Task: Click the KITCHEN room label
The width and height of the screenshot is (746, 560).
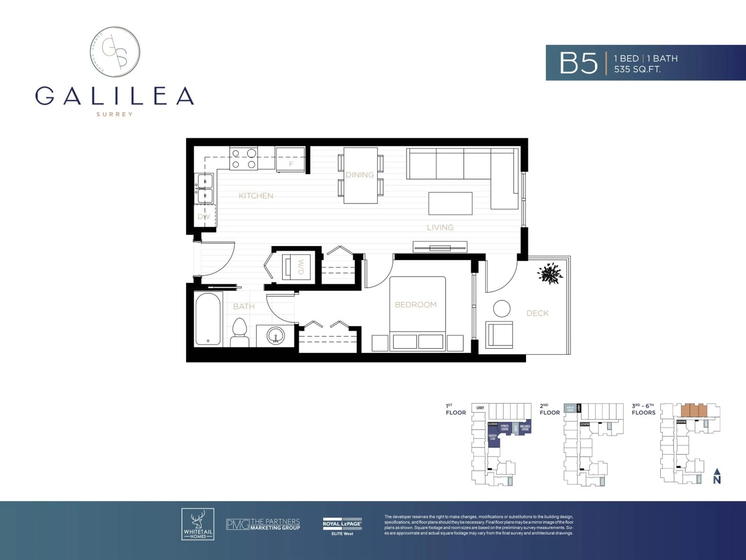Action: coord(256,196)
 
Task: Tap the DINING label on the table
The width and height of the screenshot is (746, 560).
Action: coord(360,175)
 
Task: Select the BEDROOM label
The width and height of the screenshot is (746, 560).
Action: coord(416,305)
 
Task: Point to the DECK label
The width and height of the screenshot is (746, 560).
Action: coord(537,313)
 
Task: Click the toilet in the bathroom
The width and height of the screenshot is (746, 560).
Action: coord(240,332)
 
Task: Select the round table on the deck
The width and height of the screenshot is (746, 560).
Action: coord(501,309)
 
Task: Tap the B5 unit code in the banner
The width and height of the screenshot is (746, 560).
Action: coord(578,63)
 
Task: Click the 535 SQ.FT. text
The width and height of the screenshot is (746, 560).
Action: coord(637,70)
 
